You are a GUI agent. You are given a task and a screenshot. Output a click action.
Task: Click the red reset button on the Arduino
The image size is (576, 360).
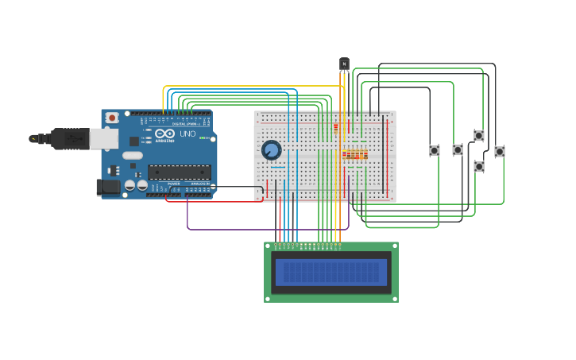(x=112, y=118)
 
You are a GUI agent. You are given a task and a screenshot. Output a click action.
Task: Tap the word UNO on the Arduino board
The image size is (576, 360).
(x=187, y=134)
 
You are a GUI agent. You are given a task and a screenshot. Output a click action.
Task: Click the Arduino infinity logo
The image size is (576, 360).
(x=164, y=134)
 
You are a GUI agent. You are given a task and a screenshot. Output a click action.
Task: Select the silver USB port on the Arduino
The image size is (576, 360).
(x=103, y=139)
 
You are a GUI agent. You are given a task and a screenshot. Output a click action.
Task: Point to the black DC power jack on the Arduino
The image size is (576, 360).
(x=107, y=188)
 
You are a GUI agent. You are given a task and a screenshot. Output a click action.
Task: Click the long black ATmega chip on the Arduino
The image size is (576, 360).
(x=179, y=172)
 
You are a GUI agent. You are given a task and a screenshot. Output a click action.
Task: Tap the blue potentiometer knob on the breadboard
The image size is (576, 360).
(x=271, y=149)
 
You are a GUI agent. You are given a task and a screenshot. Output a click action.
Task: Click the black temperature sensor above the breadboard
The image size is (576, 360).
(x=344, y=64)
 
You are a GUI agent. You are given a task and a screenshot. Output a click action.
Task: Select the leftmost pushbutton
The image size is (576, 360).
(x=435, y=150)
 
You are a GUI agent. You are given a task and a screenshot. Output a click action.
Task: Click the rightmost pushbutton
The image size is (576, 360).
(x=500, y=151)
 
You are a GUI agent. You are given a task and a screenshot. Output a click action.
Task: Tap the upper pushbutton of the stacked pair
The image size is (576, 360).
(x=479, y=136)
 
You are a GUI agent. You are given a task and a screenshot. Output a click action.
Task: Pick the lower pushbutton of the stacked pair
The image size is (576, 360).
(x=479, y=167)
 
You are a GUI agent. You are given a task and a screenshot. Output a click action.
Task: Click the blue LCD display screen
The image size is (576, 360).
(x=331, y=273)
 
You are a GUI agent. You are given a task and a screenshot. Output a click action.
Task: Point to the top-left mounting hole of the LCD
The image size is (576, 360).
(x=268, y=246)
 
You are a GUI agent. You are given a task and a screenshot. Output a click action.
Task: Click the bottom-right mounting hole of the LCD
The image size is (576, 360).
(x=394, y=298)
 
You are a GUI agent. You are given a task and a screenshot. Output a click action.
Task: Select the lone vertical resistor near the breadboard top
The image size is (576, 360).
(x=336, y=126)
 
